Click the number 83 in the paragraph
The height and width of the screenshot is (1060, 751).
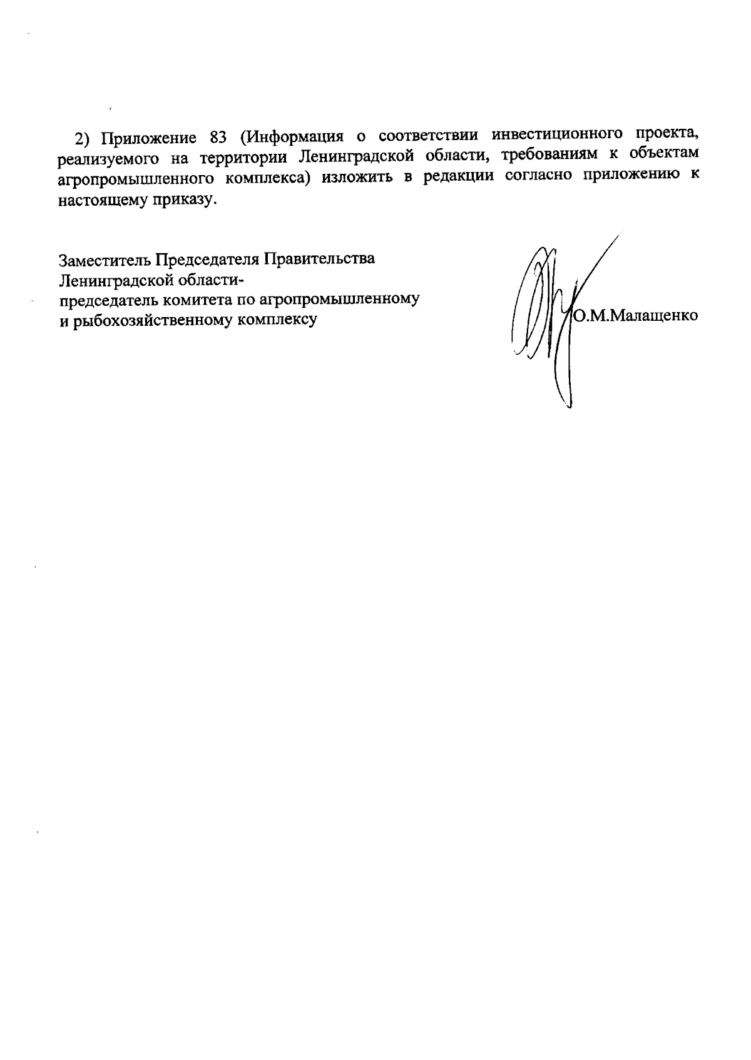(215, 138)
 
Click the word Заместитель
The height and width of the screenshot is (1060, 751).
(104, 259)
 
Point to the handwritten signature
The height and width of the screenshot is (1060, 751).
(551, 313)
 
